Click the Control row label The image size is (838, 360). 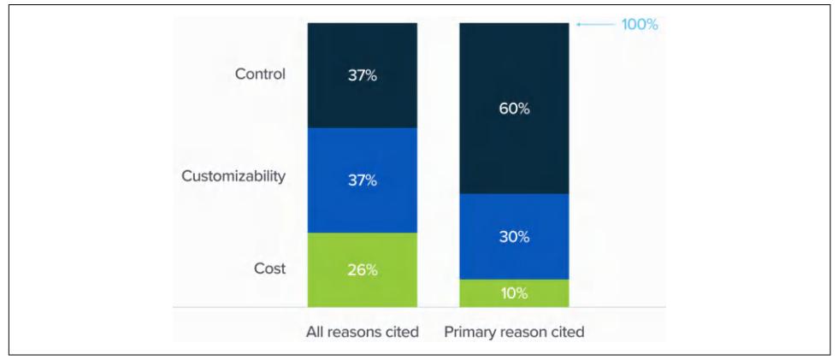[x=260, y=74]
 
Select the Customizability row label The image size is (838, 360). [x=233, y=176]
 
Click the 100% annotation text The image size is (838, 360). [x=640, y=25]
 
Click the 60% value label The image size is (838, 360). [x=514, y=109]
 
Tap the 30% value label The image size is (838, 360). [x=514, y=237]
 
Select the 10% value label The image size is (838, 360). [x=514, y=293]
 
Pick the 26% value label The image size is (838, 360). [x=362, y=269]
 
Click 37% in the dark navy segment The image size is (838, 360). [x=362, y=75]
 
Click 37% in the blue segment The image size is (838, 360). [x=362, y=180]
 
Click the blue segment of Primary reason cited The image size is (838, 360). [x=514, y=257]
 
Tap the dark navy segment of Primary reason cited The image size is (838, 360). [x=514, y=68]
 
